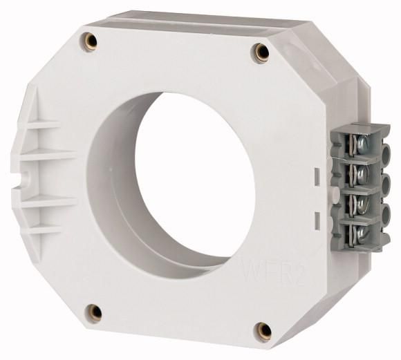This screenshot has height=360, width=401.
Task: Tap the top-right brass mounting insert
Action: pyautogui.click(x=261, y=50)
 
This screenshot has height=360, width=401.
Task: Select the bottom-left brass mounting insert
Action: pyautogui.click(x=96, y=312)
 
